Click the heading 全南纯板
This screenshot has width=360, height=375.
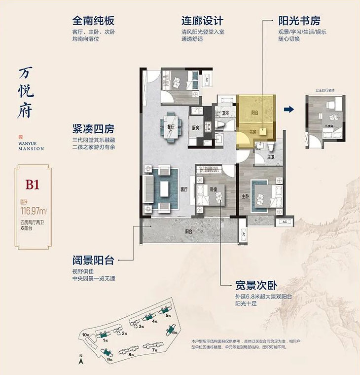(x=93, y=21)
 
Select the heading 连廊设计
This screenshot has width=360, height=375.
(x=202, y=21)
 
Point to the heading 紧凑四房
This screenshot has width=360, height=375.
(x=93, y=130)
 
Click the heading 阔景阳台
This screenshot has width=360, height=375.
(x=93, y=260)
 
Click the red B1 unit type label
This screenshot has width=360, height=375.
(x=33, y=185)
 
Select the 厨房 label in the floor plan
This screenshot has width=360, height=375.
(x=195, y=128)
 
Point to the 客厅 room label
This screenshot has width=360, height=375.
(x=184, y=189)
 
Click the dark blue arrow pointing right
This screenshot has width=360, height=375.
(x=289, y=110)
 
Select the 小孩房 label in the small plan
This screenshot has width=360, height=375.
(x=328, y=126)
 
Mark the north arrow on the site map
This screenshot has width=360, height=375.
(x=80, y=362)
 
